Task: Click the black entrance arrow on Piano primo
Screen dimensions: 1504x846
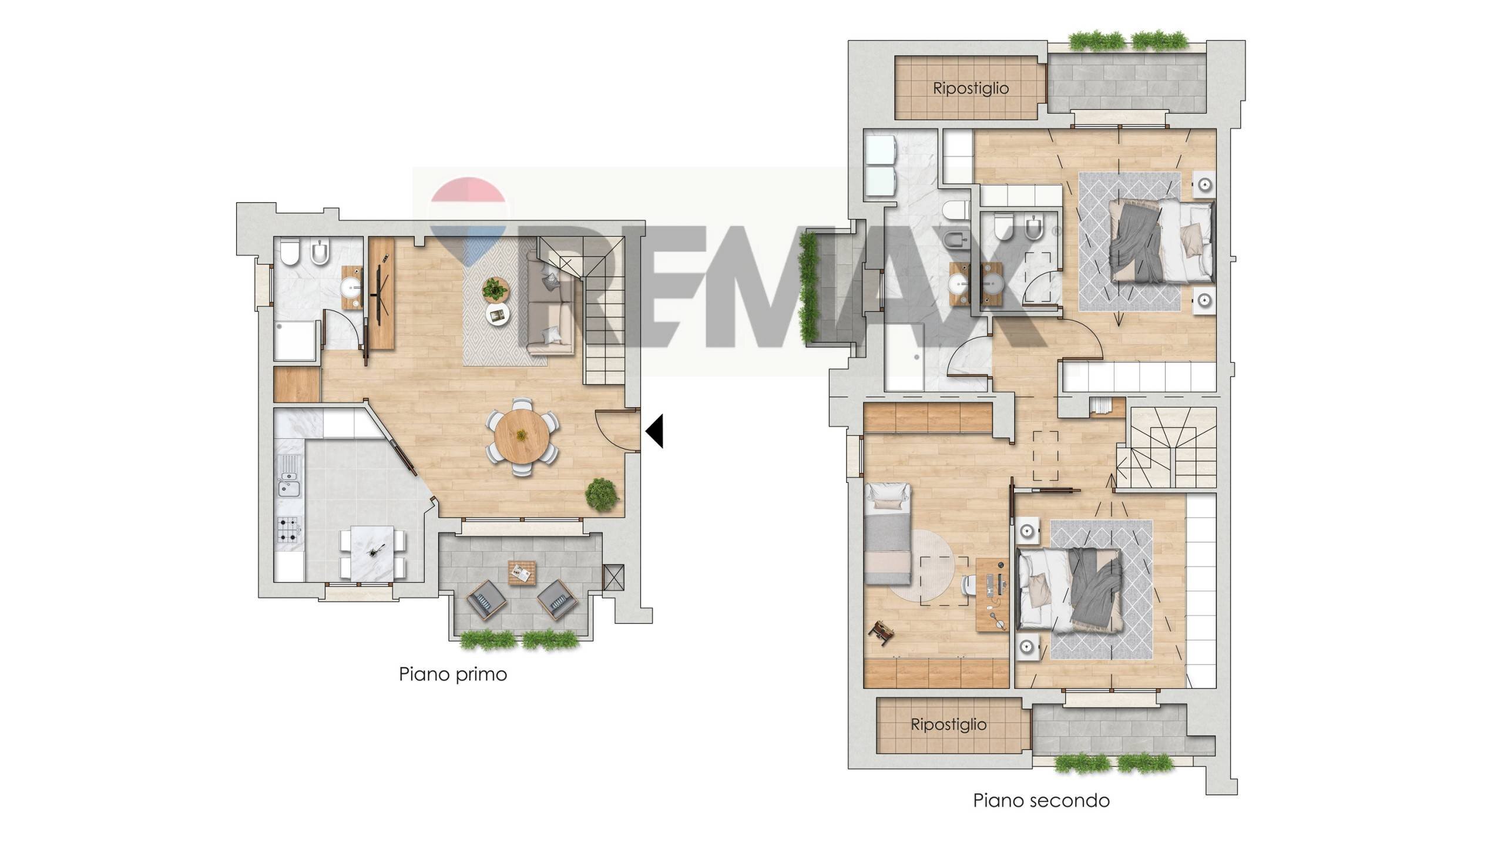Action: [x=654, y=431]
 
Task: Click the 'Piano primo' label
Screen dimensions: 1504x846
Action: [x=453, y=674]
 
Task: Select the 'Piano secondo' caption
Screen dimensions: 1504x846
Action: [x=1041, y=801]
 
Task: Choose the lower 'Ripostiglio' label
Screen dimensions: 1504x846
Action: [x=948, y=724]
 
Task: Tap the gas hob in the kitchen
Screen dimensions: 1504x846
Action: [x=290, y=529]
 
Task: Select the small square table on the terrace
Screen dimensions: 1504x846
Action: [x=522, y=572]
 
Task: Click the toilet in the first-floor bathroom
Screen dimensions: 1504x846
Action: [x=290, y=251]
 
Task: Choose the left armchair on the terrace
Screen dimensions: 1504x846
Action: [x=486, y=600]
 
